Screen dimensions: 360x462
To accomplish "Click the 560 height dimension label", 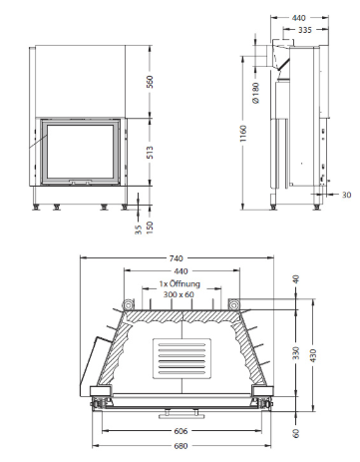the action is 151,82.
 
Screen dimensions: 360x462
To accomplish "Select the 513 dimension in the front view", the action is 151,152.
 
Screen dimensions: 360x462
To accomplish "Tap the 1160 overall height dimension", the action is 243,134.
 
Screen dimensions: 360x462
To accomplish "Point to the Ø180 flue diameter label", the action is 256,93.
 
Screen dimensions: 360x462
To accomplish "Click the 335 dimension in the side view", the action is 305,30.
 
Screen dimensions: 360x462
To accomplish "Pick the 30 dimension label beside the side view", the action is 346,195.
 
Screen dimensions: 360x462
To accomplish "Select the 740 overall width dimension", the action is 177,258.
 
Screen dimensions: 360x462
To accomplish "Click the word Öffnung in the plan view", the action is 184,283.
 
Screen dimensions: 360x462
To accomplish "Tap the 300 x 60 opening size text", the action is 179,294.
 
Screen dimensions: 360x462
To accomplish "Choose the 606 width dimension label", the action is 180,431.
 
